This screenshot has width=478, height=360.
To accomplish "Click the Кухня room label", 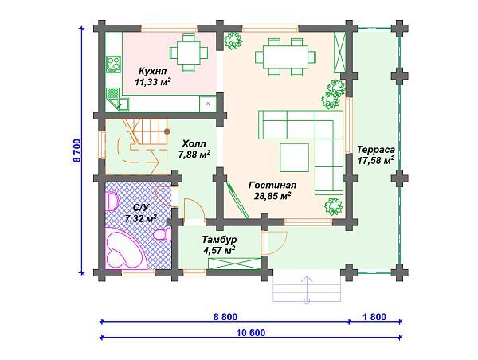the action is [153, 72].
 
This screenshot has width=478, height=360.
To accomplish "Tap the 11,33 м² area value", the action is [152, 82].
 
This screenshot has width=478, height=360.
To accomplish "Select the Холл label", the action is [194, 143].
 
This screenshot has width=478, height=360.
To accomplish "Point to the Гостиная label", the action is [272, 186].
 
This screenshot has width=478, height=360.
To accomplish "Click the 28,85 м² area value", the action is [272, 196].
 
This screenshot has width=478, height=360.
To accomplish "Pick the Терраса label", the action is [376, 150].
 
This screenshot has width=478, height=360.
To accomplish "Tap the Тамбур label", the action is [219, 240].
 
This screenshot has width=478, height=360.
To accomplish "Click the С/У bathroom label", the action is [141, 208].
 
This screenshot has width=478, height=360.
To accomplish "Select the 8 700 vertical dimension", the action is [77, 151].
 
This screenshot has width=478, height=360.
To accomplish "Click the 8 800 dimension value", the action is [225, 317].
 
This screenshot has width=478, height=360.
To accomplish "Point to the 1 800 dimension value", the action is [374, 317].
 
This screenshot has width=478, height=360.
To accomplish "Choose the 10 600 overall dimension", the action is [251, 333].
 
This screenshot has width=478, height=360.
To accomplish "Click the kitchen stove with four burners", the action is [113, 65].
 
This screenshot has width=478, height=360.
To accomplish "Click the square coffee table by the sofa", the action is [295, 157].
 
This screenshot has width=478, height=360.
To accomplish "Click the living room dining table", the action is [285, 57].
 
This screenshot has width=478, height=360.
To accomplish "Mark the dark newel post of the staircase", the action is [167, 131].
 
